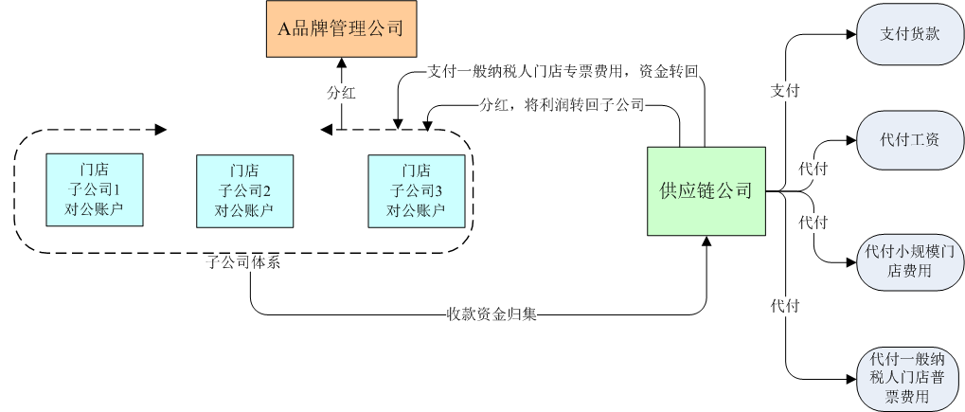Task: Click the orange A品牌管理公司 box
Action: (x=340, y=28)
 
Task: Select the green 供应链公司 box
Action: (x=706, y=190)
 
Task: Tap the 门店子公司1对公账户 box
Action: (x=94, y=189)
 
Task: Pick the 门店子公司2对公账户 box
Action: (x=243, y=189)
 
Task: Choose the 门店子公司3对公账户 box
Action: (x=416, y=189)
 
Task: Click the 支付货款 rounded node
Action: (x=909, y=35)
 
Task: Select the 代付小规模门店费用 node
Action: (x=909, y=262)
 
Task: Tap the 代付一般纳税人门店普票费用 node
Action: (x=909, y=378)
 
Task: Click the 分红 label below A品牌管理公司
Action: (x=340, y=94)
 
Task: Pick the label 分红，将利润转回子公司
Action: (x=562, y=105)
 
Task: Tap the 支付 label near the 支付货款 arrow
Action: (x=785, y=91)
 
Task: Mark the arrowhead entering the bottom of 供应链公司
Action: (x=706, y=242)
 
